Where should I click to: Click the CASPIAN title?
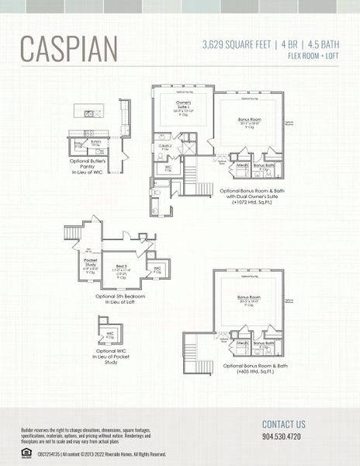(x=69, y=48)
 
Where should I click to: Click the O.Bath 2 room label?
(x=166, y=146)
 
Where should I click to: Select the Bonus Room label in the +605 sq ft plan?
(x=250, y=298)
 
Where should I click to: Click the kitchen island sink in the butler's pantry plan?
(x=90, y=113)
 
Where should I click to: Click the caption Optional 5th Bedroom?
(x=120, y=296)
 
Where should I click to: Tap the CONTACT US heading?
(x=283, y=424)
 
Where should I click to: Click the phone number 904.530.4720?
(x=281, y=436)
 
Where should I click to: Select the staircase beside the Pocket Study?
(x=72, y=231)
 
